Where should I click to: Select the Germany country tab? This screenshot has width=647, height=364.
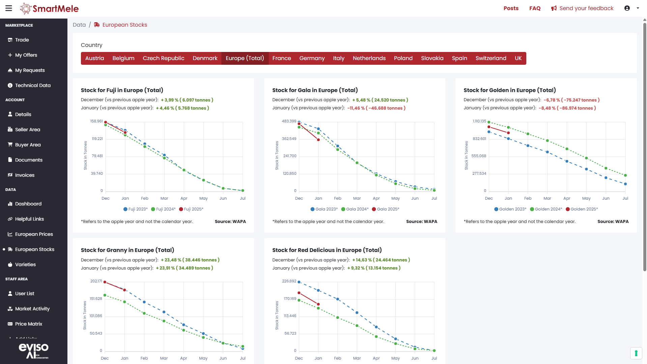[312, 58]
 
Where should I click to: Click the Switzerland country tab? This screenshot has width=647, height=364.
[491, 58]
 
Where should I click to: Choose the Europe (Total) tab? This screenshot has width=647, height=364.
[245, 58]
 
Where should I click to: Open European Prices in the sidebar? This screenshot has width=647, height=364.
[34, 234]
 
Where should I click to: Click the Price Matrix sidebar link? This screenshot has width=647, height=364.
[29, 324]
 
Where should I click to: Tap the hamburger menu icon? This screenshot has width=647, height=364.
[9, 8]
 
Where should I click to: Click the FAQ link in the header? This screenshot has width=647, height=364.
[535, 8]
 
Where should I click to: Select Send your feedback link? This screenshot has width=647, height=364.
[582, 8]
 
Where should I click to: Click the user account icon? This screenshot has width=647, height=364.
[627, 8]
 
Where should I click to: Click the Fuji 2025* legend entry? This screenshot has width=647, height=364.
[191, 209]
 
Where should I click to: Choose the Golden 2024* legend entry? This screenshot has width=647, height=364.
[546, 209]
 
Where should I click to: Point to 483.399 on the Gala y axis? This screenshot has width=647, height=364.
[289, 121]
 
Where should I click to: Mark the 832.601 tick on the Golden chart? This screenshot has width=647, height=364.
[479, 139]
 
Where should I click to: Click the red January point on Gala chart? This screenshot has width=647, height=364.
[318, 140]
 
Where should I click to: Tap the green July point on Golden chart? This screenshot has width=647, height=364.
[625, 175]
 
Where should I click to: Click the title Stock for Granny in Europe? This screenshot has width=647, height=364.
[127, 250]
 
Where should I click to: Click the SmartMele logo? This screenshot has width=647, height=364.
[50, 8]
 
